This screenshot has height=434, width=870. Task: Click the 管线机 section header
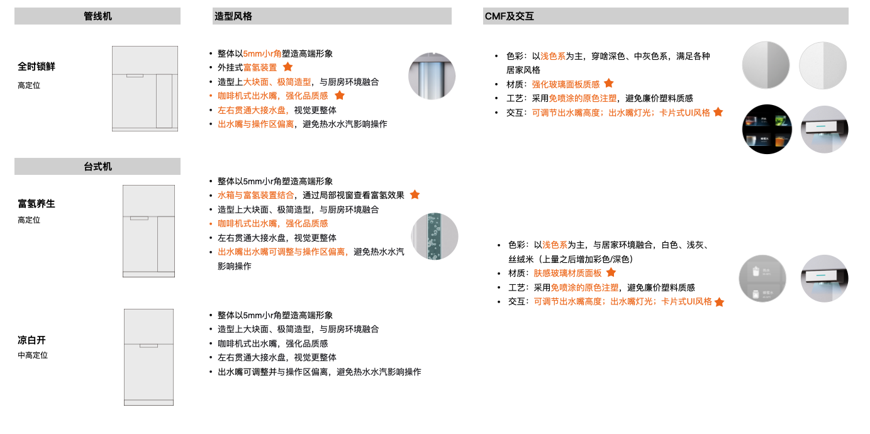98,16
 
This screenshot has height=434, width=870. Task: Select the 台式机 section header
98,167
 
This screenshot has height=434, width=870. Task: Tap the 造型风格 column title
233,16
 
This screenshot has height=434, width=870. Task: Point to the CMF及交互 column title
509,16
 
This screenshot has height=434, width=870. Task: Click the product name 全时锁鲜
36,67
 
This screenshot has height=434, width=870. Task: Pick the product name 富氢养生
36,203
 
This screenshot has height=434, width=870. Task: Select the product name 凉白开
31,340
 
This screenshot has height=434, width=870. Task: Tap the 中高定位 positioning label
33,355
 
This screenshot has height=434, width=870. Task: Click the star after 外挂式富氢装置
288,67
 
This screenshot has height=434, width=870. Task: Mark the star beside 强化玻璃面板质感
609,83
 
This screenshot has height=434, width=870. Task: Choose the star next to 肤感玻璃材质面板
611,272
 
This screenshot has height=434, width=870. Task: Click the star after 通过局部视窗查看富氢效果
415,194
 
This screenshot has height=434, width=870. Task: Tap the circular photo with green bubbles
435,236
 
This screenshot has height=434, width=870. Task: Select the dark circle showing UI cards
767,129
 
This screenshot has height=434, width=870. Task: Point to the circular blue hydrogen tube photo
432,75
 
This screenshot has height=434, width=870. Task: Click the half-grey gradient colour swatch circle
766,65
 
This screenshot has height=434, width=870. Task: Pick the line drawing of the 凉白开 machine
148,357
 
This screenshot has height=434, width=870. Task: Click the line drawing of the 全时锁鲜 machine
145,89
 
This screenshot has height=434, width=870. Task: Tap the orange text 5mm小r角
262,53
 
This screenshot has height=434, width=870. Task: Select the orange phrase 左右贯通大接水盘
252,110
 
